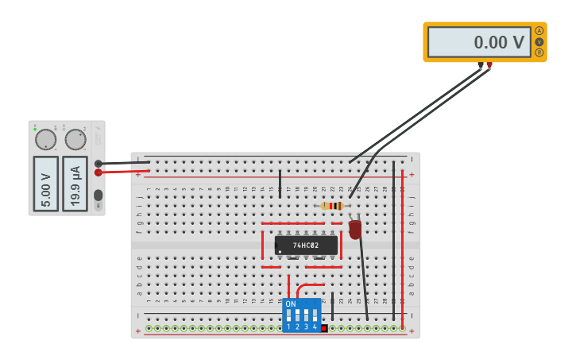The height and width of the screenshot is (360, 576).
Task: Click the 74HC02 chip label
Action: tap(306, 246)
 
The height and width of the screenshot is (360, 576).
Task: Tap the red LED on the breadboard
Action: tap(355, 229)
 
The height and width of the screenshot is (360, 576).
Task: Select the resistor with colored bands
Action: tap(332, 206)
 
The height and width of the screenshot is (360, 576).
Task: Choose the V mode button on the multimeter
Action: tap(539, 41)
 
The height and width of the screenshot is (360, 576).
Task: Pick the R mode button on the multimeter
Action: tap(539, 52)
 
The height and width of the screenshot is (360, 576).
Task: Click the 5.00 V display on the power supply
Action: tap(46, 184)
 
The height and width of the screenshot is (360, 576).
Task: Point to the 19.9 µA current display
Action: tap(75, 184)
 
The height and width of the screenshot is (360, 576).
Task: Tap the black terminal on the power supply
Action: tap(99, 164)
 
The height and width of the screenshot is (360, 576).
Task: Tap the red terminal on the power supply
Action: tap(99, 172)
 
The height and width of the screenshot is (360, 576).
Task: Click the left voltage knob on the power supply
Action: tap(46, 140)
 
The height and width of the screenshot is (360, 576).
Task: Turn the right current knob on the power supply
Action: tap(75, 140)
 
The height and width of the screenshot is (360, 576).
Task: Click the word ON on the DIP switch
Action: tap(291, 304)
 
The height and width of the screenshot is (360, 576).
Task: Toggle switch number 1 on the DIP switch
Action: tap(289, 316)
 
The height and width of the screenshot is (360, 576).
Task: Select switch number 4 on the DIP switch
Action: tap(315, 316)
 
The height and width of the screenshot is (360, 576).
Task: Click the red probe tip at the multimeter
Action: tap(489, 66)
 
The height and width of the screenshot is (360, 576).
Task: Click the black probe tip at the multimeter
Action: tap(481, 66)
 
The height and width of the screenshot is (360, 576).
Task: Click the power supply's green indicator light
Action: tap(35, 127)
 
